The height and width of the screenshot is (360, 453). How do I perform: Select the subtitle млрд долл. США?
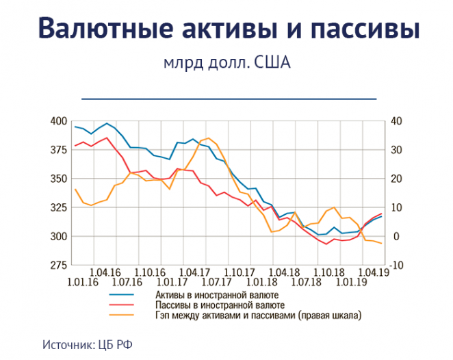pyautogui.click(x=227, y=64)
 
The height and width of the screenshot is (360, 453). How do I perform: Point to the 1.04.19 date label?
pyautogui.click(x=372, y=272)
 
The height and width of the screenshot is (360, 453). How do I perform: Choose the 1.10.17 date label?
pyautogui.click(x=239, y=272)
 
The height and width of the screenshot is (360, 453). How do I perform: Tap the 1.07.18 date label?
pyautogui.click(x=306, y=282)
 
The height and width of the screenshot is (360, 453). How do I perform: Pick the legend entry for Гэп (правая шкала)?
pyautogui.click(x=257, y=316)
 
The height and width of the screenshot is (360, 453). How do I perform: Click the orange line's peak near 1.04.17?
pyautogui.click(x=207, y=138)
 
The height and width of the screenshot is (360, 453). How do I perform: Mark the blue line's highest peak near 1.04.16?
pyautogui.click(x=107, y=124)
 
